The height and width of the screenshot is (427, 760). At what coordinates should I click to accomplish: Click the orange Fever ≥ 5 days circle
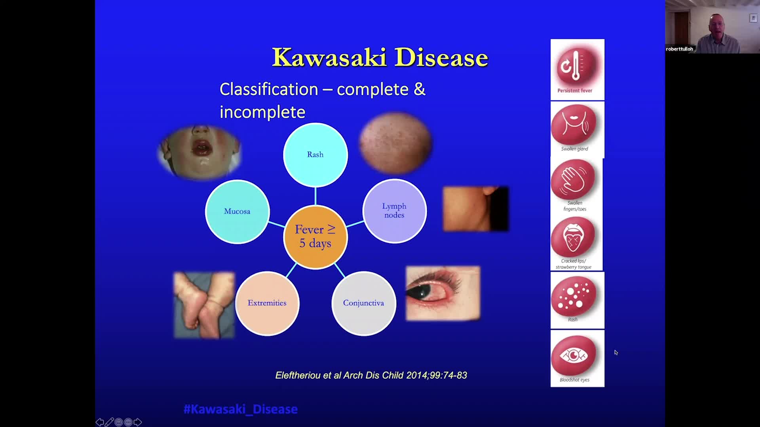[x=315, y=237]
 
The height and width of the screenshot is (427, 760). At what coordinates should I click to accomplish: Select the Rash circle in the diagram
[x=315, y=155]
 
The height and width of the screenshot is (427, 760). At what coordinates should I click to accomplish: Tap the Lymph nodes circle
[x=395, y=211]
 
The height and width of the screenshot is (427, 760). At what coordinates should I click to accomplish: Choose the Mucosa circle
[x=237, y=212]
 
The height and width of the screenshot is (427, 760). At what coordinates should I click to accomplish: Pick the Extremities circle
[x=267, y=303]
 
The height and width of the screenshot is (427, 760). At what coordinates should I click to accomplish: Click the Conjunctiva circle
[x=363, y=303]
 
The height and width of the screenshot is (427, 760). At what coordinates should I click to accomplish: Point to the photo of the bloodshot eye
[x=443, y=293]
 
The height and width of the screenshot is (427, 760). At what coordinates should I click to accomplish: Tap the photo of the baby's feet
[x=204, y=305]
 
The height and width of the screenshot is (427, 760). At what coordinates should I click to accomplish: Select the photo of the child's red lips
[x=199, y=152]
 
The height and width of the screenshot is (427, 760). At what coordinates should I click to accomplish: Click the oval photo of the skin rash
[x=395, y=143]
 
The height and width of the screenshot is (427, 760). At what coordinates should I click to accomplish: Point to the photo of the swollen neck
[x=476, y=209]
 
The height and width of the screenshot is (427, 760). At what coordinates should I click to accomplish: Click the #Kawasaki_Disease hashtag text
[x=241, y=409]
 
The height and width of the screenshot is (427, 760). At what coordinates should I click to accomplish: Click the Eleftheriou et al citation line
[x=371, y=375]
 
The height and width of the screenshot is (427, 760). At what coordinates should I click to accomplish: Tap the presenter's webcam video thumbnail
[x=712, y=27]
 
